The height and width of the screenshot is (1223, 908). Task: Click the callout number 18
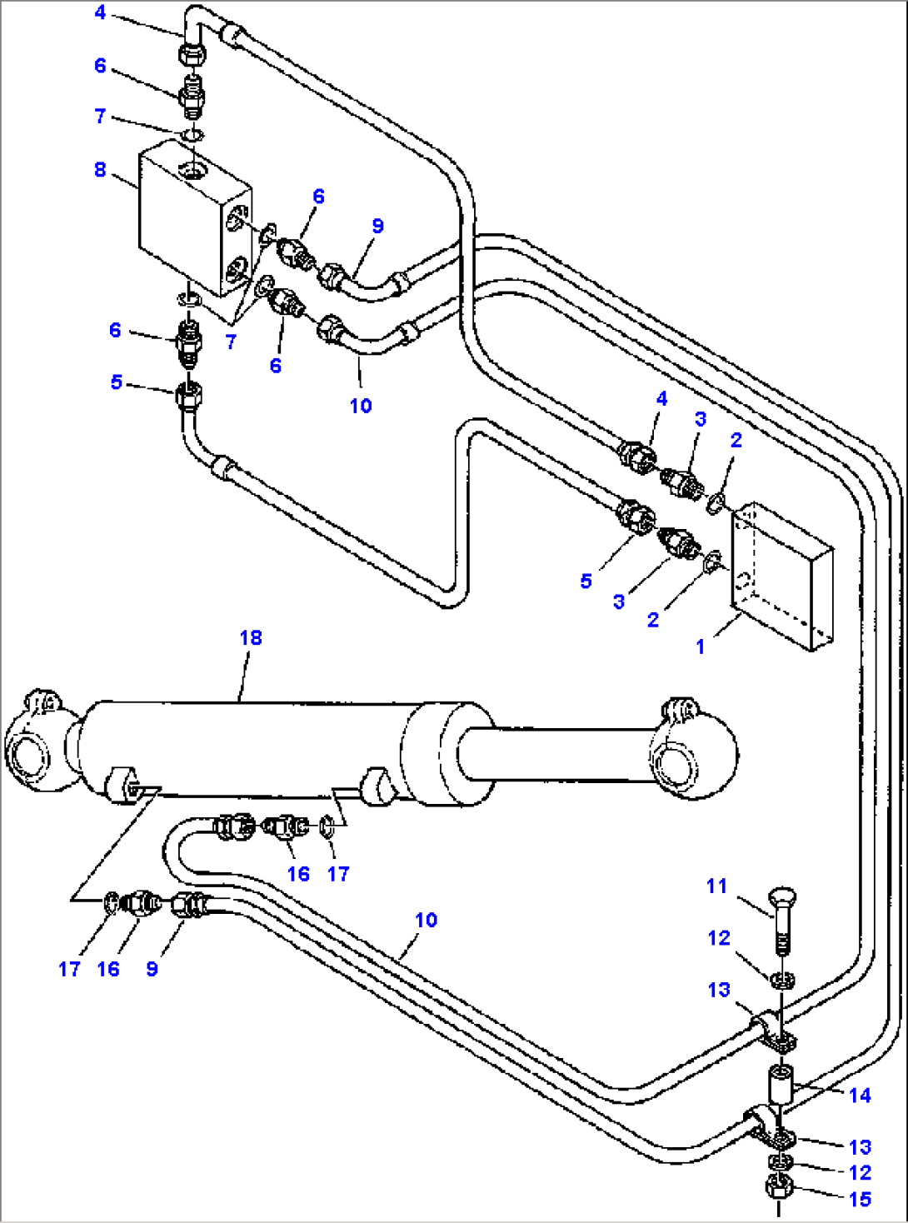coord(251,637)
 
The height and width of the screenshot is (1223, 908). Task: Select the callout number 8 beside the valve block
coord(100,169)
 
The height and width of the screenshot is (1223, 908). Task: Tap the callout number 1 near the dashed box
coord(701,646)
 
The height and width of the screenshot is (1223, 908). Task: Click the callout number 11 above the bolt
coord(717,886)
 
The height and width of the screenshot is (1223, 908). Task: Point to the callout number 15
coord(860,1199)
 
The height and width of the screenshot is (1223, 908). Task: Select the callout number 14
coord(860,1095)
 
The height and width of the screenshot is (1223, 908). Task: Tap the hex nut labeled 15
coord(777,1186)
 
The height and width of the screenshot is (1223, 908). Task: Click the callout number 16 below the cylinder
coord(298,874)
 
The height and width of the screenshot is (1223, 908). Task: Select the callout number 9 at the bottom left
coord(152,969)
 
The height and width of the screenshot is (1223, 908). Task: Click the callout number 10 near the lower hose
coord(426,920)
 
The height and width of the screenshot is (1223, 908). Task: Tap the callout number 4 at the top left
coord(100,12)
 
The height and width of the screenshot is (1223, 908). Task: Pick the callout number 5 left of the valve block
coord(117,382)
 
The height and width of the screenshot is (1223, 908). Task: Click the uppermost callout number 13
coord(719,990)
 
